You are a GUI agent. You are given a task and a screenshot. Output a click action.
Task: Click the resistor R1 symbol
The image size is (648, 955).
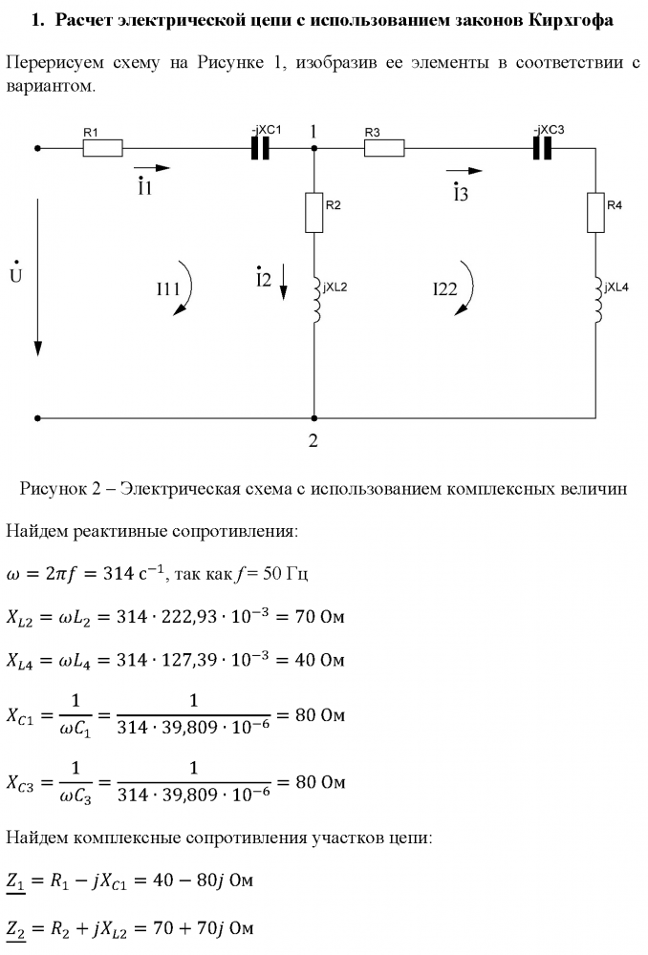[103, 148]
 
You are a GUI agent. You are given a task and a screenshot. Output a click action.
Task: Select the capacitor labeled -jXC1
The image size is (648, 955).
[260, 148]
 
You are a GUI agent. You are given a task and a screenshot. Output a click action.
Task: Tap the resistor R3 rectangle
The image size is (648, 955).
[384, 148]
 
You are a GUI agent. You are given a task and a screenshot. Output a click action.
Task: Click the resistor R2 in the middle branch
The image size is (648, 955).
[313, 212]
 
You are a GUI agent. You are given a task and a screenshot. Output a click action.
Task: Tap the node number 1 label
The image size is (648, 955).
[313, 129]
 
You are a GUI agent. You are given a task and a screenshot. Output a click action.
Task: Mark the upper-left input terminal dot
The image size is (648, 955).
[37, 148]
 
